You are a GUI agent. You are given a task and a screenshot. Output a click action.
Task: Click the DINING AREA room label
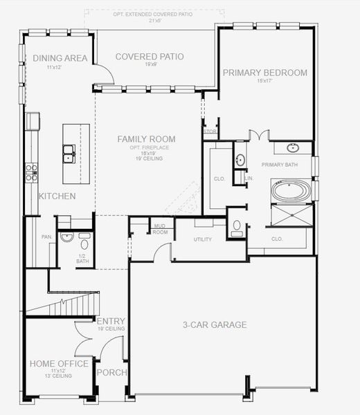coord(60,58)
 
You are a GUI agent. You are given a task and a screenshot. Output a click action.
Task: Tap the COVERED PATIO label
coord(145,57)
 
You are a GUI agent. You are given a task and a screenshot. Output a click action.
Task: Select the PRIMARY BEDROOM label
coord(265,72)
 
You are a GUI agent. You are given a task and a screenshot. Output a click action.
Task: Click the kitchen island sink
coord(69,154)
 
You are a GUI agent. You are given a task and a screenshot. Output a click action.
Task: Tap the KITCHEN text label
coord(57,196)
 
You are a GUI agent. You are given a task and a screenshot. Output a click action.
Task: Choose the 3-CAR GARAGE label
coord(215,324)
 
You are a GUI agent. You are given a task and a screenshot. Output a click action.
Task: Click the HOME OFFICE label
coord(58,363)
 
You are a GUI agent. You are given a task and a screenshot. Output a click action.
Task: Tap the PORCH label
coord(111,372)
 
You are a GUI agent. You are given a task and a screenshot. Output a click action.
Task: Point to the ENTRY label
coord(111,322)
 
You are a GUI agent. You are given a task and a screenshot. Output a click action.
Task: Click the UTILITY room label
coord(202,239)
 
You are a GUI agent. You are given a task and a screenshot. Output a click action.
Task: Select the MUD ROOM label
coord(160,228)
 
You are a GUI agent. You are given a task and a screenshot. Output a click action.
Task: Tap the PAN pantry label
coord(46,237)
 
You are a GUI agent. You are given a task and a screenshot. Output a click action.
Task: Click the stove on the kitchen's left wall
coord(30,172)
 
